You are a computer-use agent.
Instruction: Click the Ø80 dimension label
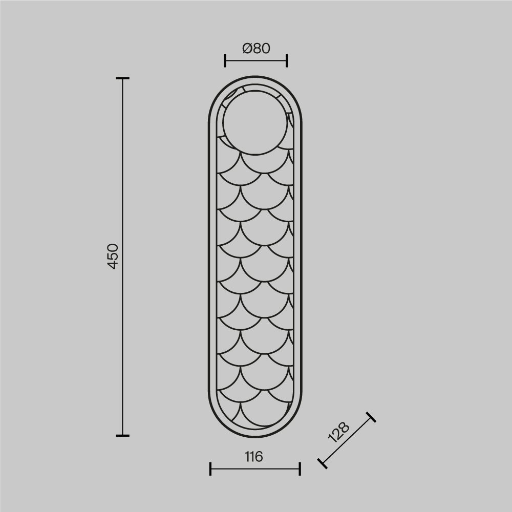click(257, 48)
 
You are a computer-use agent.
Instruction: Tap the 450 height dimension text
click(113, 257)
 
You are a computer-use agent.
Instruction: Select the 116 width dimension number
click(254, 457)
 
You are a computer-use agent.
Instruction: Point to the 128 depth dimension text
click(338, 432)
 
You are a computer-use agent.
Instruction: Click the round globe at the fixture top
click(255, 122)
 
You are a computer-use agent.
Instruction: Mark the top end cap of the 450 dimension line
click(123, 78)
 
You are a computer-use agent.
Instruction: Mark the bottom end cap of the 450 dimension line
click(123, 435)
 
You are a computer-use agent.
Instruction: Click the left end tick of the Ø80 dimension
click(225, 61)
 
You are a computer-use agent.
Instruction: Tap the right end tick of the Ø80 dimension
click(287, 61)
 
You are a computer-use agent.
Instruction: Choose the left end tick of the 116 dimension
click(210, 469)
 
